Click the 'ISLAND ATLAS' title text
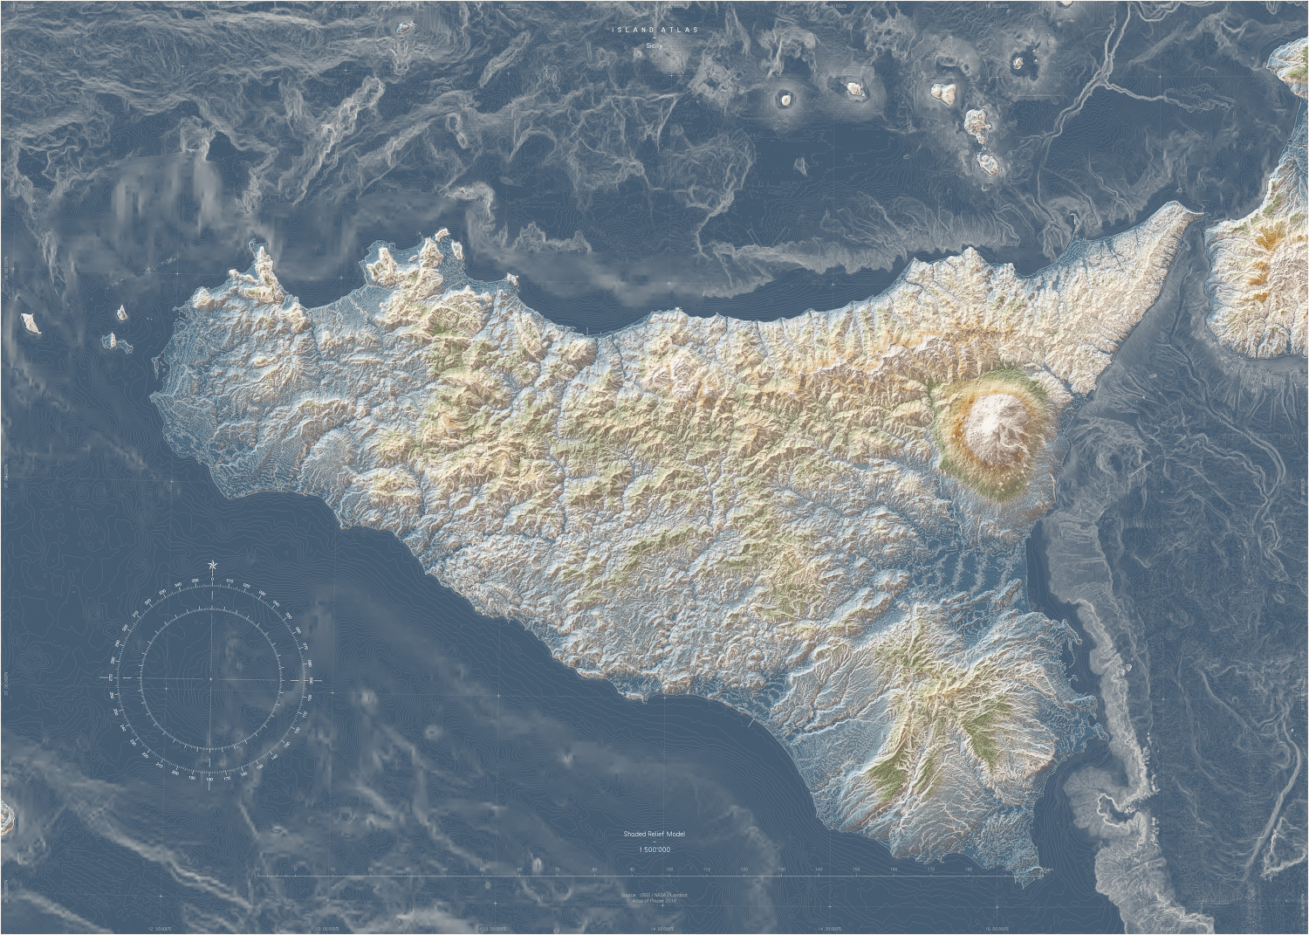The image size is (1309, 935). [654, 30]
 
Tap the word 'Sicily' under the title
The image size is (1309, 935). [654, 45]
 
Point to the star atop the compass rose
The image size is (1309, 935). [212, 567]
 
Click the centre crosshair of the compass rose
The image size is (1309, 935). [210, 678]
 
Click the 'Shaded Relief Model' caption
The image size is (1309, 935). [654, 835]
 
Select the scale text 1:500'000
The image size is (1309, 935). [654, 849]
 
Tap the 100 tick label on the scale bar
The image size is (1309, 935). [669, 870]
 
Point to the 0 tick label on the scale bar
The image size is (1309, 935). [258, 870]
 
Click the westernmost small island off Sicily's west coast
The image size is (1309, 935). [31, 325]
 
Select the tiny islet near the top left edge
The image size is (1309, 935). [404, 27]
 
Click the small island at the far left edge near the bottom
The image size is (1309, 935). [7, 817]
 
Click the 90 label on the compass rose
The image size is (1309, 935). [309, 678]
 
